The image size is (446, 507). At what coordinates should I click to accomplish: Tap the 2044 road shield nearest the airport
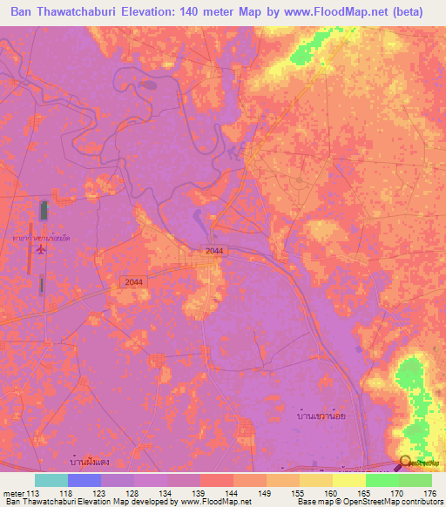pos(133,281)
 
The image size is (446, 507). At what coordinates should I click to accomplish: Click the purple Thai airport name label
pos(44,236)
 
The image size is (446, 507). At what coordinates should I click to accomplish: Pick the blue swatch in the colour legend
pos(84,480)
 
